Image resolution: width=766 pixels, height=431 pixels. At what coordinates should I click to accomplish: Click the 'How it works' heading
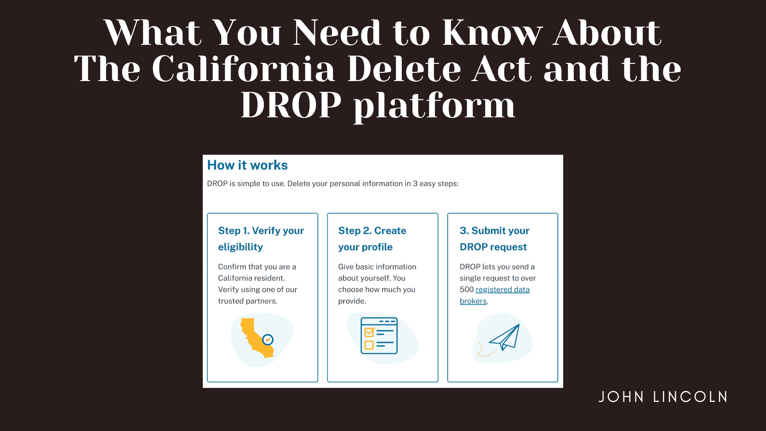pyautogui.click(x=247, y=165)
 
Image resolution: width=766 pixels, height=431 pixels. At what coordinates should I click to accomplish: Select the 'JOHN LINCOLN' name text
pyautogui.click(x=663, y=397)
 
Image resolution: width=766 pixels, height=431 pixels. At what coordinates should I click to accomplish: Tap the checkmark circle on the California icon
pyautogui.click(x=268, y=340)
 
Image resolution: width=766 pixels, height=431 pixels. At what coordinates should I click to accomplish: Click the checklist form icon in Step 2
pyautogui.click(x=379, y=336)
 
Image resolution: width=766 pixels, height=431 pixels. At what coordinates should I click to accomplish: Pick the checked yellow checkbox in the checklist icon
pyautogui.click(x=369, y=332)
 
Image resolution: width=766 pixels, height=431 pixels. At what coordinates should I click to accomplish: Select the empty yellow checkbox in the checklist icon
pyautogui.click(x=369, y=345)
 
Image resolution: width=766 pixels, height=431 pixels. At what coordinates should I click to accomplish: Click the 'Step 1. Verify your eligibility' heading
pyautogui.click(x=261, y=239)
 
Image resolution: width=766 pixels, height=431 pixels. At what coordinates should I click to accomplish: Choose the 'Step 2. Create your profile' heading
pyautogui.click(x=372, y=239)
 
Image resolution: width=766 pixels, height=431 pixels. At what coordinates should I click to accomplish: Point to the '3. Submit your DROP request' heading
pyautogui.click(x=494, y=239)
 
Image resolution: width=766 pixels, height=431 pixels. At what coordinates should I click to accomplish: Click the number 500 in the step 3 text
pyautogui.click(x=466, y=289)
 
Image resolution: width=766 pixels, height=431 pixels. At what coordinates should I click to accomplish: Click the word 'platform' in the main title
pyautogui.click(x=434, y=106)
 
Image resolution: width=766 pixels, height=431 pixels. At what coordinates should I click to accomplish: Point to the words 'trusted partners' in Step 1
pyautogui.click(x=247, y=301)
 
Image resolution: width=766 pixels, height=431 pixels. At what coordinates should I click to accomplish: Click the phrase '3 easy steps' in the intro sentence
pyautogui.click(x=435, y=184)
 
